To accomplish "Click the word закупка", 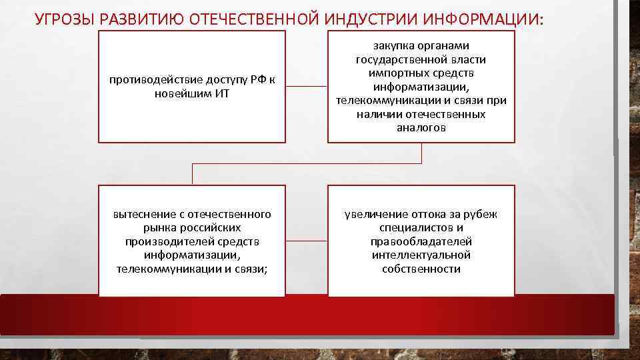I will pos(395,45).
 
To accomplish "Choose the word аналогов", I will pos(421,128).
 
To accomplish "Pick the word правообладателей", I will pos(421,241).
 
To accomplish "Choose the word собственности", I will pos(421,269).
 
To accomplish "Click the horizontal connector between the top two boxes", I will pos(306,87).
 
